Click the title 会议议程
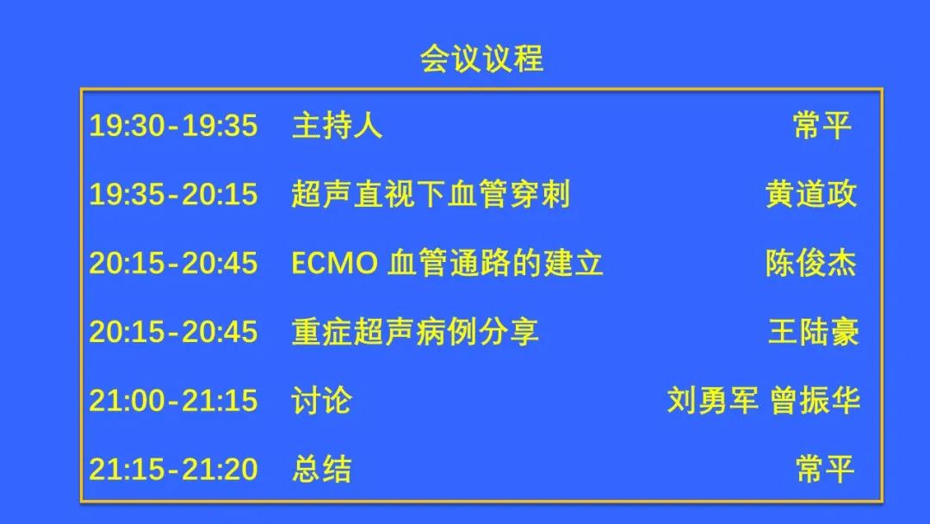click(x=481, y=59)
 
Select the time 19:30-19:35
click(x=173, y=126)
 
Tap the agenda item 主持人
click(x=337, y=126)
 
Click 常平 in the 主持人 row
click(x=823, y=126)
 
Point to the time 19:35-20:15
click(x=173, y=195)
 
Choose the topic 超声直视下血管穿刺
click(x=431, y=194)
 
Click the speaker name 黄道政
click(x=811, y=194)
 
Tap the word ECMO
click(x=334, y=263)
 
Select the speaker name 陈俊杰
click(x=811, y=263)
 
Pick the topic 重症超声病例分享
click(x=415, y=332)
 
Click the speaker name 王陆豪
click(x=813, y=332)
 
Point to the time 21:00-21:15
click(x=173, y=401)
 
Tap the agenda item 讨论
click(x=321, y=401)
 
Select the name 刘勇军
click(x=713, y=401)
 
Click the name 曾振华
click(x=815, y=401)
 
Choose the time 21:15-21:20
click(x=173, y=470)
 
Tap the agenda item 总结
click(x=321, y=470)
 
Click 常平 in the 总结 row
click(x=825, y=470)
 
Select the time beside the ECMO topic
click(x=173, y=263)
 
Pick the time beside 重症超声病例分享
click(x=173, y=332)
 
